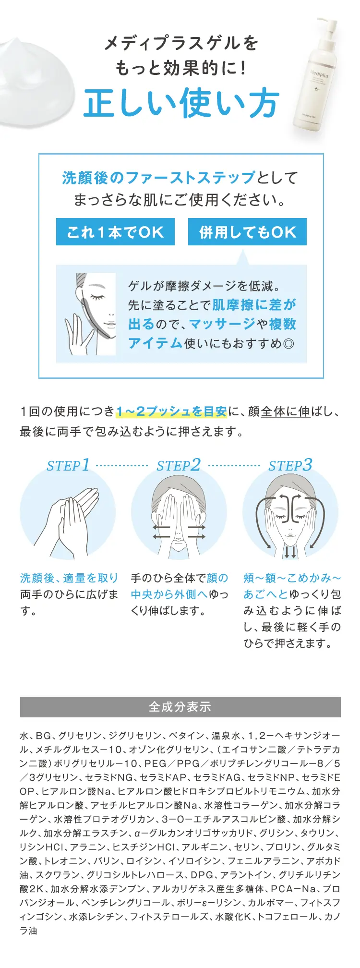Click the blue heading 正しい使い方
[x=181, y=103]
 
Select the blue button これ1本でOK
[x=115, y=232]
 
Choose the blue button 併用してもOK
[x=247, y=232]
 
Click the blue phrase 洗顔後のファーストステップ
[x=158, y=178]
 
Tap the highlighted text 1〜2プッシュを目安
[x=171, y=411]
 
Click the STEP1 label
[x=68, y=465]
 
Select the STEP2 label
[x=179, y=465]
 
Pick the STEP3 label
[x=290, y=465]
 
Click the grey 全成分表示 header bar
[x=180, y=707]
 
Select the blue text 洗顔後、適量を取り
[x=69, y=578]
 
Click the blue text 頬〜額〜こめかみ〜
[x=292, y=578]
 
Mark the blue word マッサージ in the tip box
[x=222, y=324]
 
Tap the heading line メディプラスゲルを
[x=181, y=43]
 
